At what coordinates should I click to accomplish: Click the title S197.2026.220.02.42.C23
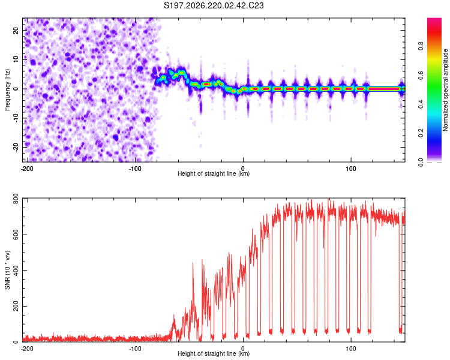click(214, 5)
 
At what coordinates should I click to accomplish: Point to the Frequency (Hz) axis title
click(7, 90)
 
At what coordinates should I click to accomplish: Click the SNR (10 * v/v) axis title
click(7, 270)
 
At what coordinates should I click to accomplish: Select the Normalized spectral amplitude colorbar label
click(445, 90)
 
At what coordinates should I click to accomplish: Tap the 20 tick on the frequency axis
click(16, 31)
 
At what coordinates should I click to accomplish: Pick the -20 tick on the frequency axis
click(16, 147)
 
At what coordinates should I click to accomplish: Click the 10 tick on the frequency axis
click(16, 60)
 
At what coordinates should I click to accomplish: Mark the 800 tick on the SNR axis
click(16, 199)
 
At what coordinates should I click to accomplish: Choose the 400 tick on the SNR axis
click(16, 270)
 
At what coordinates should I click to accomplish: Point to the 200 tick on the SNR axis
click(16, 306)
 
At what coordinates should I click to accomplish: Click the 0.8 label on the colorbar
click(421, 46)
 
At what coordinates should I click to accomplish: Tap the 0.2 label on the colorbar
click(421, 133)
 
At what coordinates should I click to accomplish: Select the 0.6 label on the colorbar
click(421, 75)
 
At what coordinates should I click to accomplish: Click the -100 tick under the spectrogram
click(135, 169)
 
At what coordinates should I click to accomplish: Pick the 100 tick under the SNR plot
click(351, 349)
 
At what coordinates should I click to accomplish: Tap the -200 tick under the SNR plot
click(27, 349)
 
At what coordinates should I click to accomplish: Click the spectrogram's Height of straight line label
click(214, 173)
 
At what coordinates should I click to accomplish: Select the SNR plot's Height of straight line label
click(214, 353)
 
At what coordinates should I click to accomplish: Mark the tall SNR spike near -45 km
click(193, 263)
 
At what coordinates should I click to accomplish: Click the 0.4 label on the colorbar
click(421, 104)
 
